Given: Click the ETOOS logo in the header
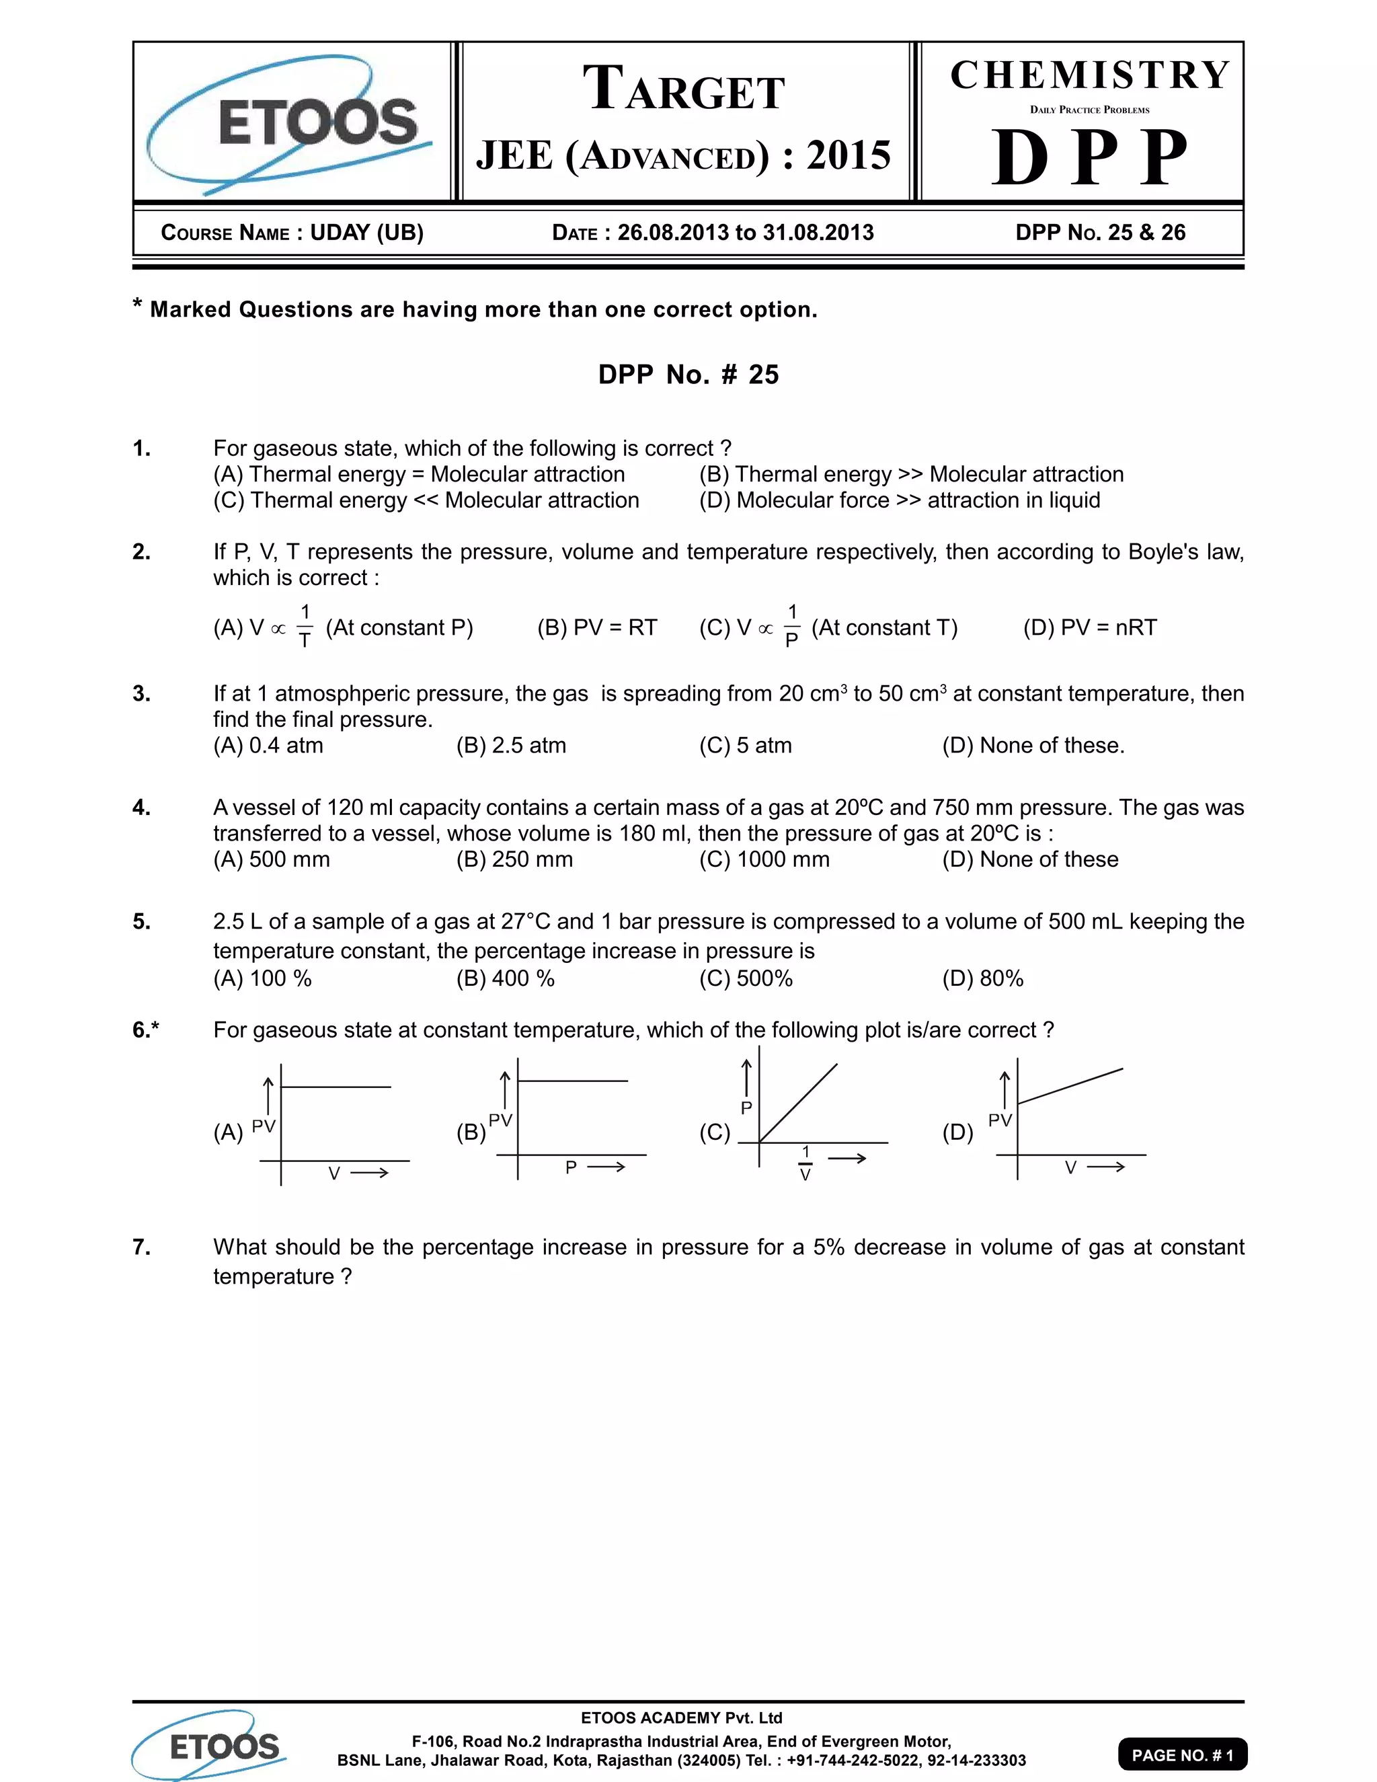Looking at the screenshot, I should click(290, 122).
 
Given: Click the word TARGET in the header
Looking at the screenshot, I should click(684, 89).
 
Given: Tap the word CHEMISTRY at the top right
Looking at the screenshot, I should click(1090, 75).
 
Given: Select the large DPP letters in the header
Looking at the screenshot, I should click(1089, 157).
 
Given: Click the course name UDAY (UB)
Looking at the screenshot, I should click(366, 233).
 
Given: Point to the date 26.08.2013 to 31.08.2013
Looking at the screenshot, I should click(745, 233).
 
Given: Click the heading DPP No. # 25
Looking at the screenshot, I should click(688, 375).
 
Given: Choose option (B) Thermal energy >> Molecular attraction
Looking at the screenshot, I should click(911, 474).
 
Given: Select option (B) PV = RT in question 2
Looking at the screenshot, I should click(596, 627).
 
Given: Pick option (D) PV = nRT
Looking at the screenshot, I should click(1090, 627).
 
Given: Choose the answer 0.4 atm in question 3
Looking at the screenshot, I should click(268, 745).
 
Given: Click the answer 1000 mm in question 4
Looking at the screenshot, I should click(764, 859).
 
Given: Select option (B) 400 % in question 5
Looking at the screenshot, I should click(505, 978).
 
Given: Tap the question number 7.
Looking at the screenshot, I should click(141, 1247).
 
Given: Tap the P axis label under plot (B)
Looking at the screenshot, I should click(571, 1167).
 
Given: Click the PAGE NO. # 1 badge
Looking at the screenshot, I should click(1182, 1754).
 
